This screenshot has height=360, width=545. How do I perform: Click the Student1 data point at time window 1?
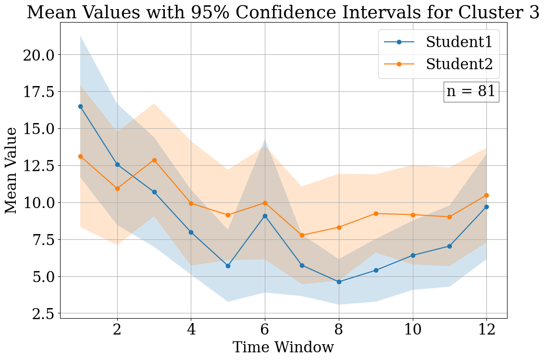80,106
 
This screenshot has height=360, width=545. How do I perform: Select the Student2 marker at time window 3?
154,160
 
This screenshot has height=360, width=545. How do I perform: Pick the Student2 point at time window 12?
486,195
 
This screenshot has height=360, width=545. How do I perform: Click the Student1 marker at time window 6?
265,216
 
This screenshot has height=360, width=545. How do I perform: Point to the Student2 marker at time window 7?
302,235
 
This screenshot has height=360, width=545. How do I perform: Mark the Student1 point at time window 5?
228,266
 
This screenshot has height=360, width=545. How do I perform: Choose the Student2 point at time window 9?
376,213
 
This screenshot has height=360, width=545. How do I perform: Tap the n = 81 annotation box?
471,91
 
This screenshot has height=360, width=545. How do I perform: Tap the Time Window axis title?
283,348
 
